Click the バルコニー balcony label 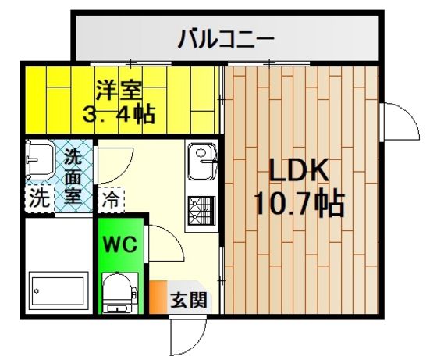click(226, 38)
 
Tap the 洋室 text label click(119, 90)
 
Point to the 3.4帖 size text click(119, 114)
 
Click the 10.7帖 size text click(299, 202)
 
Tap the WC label click(120, 244)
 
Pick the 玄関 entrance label click(189, 301)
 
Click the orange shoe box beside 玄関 click(158, 297)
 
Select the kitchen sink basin click(202, 162)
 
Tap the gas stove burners click(202, 210)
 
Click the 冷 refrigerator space click(111, 200)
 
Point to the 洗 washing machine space click(39, 198)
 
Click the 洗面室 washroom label click(73, 176)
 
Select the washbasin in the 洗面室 click(39, 159)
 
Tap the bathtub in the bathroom click(58, 290)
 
